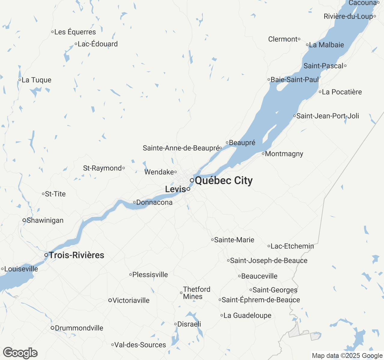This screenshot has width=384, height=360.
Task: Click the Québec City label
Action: pos(223,181)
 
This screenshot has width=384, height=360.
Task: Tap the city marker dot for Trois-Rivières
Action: pos(46,255)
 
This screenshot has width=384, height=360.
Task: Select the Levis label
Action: pos(175,189)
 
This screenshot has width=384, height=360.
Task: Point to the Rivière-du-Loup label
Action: pos(348,16)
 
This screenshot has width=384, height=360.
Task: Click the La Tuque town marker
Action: pos(20,80)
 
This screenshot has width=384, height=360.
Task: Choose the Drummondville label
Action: pos(79,328)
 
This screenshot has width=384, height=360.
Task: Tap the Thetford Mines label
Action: pos(196,293)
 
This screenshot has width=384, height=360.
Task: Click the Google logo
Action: pos(20,353)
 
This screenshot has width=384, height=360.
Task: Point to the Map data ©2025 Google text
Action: pos(347,356)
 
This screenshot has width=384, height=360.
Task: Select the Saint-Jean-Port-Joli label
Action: pos(328,116)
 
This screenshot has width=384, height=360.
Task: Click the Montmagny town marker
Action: pos(263,154)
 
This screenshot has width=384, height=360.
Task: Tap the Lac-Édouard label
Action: pos(97,44)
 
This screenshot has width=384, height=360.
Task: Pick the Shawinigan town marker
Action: pos(24,220)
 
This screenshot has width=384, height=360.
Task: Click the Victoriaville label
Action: pos(131,301)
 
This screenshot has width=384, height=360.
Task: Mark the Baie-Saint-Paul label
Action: pos(295,80)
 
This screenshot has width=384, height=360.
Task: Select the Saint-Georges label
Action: pos(275,290)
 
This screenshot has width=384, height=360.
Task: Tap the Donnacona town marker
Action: pos(134,202)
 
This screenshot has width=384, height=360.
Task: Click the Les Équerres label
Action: pos(75,32)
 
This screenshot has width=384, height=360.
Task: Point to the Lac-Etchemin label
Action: pos(292,246)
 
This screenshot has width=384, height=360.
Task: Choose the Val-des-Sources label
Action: pos(140,345)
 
